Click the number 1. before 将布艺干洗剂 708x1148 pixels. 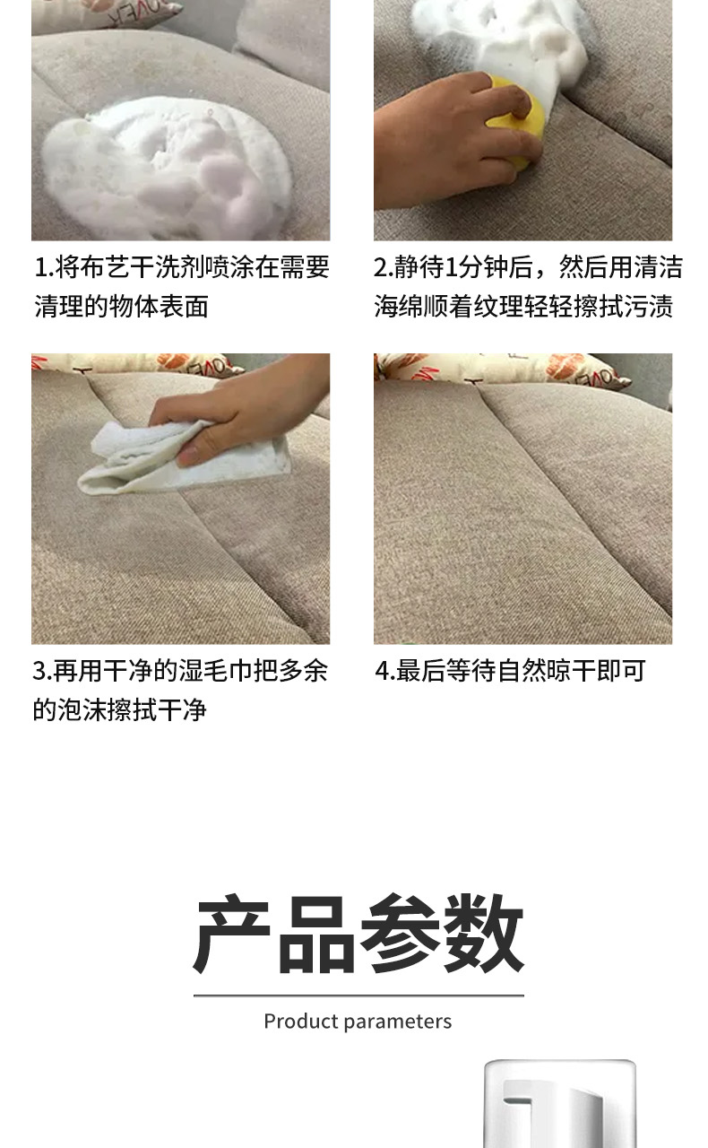click(x=44, y=267)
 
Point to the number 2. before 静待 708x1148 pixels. click(x=384, y=267)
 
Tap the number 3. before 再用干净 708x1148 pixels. click(x=43, y=671)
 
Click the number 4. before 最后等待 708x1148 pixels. click(x=385, y=671)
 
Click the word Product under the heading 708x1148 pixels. click(x=301, y=1022)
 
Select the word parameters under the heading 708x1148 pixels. click(x=398, y=1022)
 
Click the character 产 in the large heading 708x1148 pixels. click(x=232, y=934)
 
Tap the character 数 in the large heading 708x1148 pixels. click(x=484, y=934)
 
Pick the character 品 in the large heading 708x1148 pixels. click(x=316, y=935)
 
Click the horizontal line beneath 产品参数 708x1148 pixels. click(x=358, y=996)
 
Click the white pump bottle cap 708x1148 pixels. click(x=560, y=1103)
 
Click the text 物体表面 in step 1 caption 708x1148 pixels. click(x=159, y=307)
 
